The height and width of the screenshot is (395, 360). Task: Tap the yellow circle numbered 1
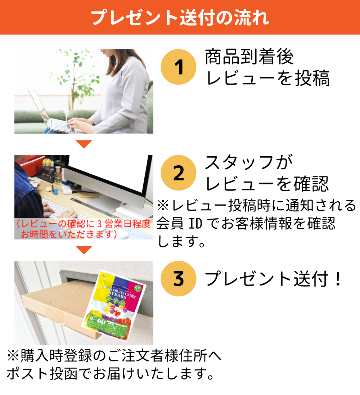tap(179, 68)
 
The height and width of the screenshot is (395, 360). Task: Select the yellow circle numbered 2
tap(179, 174)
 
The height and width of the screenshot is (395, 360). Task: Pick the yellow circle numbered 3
tap(179, 279)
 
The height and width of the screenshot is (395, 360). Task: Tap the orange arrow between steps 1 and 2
tap(84, 144)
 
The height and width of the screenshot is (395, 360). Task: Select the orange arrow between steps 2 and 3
tap(84, 249)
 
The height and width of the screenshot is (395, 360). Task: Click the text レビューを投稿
tap(267, 78)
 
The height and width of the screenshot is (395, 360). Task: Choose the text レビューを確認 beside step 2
tap(267, 184)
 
